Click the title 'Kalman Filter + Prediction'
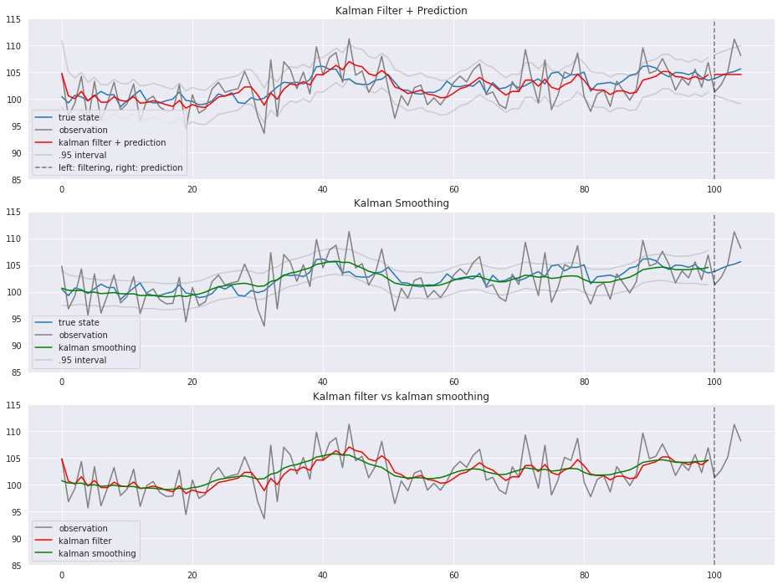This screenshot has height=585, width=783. tap(401, 11)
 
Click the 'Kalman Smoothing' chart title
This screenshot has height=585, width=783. tap(401, 203)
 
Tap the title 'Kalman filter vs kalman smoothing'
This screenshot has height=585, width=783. tap(401, 396)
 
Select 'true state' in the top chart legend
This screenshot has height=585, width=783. tap(79, 117)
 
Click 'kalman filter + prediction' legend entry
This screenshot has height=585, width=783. tap(112, 142)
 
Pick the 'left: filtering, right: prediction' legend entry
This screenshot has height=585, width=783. tap(120, 167)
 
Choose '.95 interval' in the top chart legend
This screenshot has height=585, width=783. tap(82, 155)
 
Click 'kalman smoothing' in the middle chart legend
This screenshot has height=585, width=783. tap(97, 347)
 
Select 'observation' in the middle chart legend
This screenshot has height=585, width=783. tap(83, 336)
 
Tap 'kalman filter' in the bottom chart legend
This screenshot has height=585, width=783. tap(84, 541)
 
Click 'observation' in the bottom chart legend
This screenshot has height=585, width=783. tap(83, 528)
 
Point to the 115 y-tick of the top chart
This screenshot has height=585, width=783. tap(13, 19)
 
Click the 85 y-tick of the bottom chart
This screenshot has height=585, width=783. tap(16, 566)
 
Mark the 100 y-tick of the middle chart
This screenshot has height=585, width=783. tap(13, 292)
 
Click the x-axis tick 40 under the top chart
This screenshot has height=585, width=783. tap(323, 189)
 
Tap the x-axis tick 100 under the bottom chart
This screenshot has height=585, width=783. tap(714, 575)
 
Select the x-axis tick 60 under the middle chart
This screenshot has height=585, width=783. tap(453, 382)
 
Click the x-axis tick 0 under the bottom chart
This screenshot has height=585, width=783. tap(62, 575)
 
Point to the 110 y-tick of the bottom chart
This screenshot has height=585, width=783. tap(13, 432)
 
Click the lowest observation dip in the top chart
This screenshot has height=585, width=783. tap(264, 133)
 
